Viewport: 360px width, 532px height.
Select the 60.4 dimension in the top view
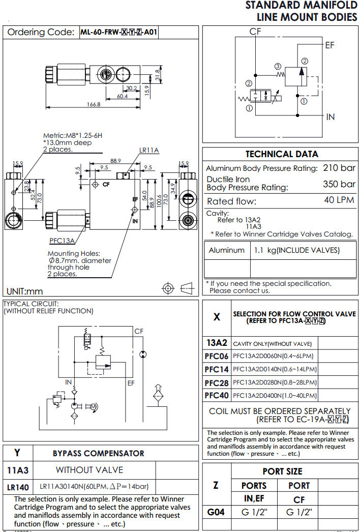[x=123, y=96]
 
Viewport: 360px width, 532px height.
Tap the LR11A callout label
[x=149, y=150]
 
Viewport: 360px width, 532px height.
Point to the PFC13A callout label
[x=62, y=241]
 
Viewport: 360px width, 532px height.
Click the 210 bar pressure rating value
[x=339, y=168]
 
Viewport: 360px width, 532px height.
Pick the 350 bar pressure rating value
[x=339, y=184]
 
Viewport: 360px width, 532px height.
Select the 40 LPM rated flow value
[x=339, y=200]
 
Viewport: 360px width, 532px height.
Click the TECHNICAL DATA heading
[x=282, y=154]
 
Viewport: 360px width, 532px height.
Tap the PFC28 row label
[x=217, y=382]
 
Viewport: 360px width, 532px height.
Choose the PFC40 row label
[x=217, y=396]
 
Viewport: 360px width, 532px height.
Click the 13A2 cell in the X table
[x=217, y=343]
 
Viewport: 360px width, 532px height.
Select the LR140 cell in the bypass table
[x=18, y=487]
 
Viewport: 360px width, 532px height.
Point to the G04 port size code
[x=216, y=511]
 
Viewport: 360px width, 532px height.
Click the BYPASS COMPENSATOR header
[x=99, y=453]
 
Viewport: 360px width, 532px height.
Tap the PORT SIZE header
[x=282, y=471]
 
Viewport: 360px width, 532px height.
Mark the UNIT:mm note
[x=25, y=291]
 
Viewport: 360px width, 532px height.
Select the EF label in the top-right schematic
[x=330, y=45]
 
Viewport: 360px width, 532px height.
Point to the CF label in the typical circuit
[x=139, y=331]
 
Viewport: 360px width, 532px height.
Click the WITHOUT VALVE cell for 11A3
[x=89, y=470]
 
